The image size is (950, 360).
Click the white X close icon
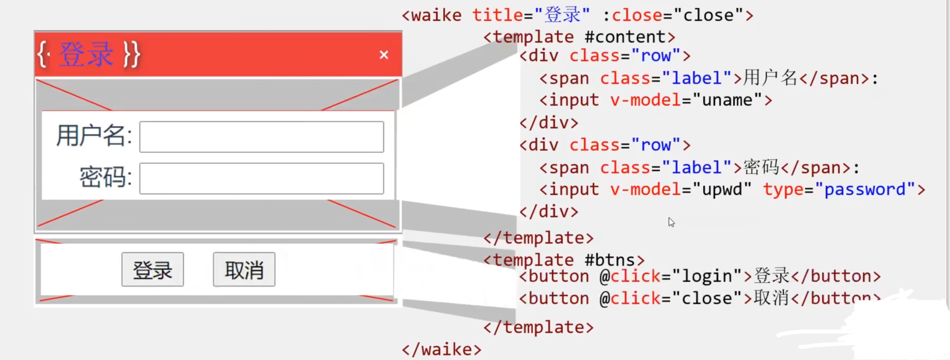tap(384, 55)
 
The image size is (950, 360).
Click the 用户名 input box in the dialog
tap(262, 137)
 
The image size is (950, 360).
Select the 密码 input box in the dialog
tap(262, 178)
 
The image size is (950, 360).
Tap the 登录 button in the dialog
tap(152, 269)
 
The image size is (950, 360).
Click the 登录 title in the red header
tap(86, 54)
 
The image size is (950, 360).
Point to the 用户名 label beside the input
tap(93, 136)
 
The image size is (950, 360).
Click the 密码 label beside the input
tap(105, 177)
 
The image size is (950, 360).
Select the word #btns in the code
tap(609, 260)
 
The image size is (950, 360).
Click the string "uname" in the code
tap(727, 100)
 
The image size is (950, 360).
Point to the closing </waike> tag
tap(442, 349)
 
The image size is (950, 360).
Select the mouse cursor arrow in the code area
tap(671, 222)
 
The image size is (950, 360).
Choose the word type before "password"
tap(783, 189)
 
